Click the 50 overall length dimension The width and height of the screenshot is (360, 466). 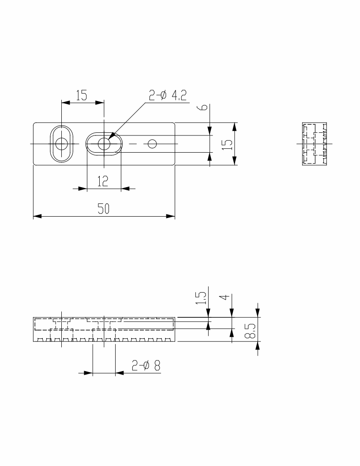pyautogui.click(x=104, y=209)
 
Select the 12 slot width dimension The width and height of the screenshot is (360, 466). pyautogui.click(x=103, y=181)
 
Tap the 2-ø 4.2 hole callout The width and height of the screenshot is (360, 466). pyautogui.click(x=168, y=95)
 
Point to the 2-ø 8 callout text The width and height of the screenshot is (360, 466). pyautogui.click(x=146, y=365)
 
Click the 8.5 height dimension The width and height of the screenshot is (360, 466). pyautogui.click(x=251, y=331)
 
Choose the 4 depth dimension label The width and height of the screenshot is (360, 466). pyautogui.click(x=226, y=297)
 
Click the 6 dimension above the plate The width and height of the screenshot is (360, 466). pyautogui.click(x=203, y=107)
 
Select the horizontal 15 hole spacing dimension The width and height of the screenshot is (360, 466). pyautogui.click(x=81, y=95)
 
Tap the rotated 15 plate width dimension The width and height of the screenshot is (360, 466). pyautogui.click(x=227, y=144)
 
